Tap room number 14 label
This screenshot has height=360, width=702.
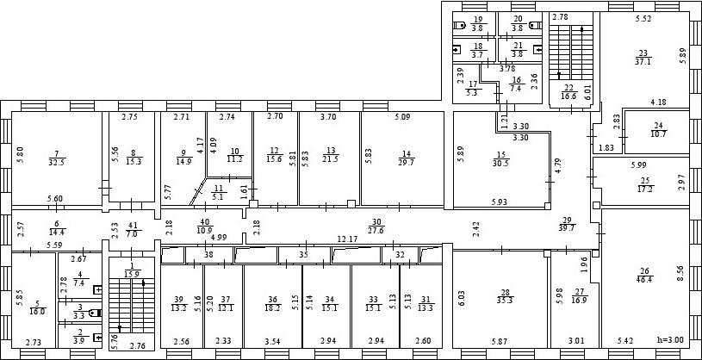tap(407, 154)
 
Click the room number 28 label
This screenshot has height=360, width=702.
tap(505, 292)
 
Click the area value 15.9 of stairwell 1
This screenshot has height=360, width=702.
tap(132, 274)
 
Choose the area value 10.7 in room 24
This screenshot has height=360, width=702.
tap(659, 134)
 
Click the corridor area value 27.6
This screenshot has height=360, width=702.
tap(376, 230)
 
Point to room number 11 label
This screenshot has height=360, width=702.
tap(219, 187)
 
